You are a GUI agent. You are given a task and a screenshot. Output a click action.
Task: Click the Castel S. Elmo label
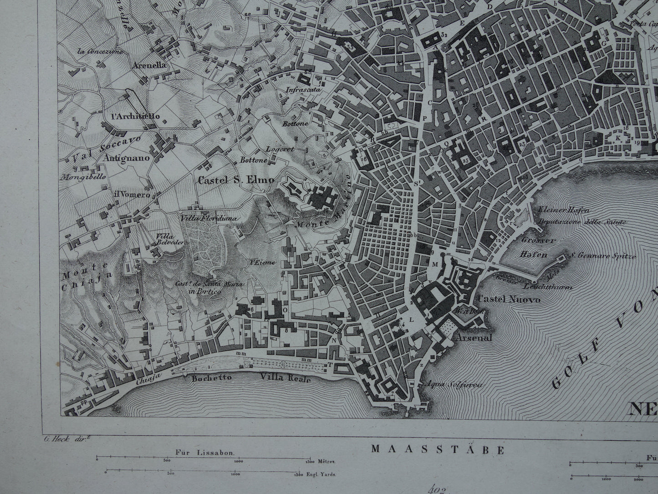[x=236, y=180]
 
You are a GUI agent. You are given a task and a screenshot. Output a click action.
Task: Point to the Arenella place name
[x=149, y=65]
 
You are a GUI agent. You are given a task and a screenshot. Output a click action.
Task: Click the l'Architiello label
[x=135, y=116]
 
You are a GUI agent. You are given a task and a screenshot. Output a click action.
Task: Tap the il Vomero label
[x=132, y=195]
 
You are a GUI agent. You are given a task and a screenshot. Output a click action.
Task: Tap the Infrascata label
[x=304, y=90]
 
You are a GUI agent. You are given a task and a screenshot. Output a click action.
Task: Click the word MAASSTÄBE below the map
[x=438, y=450]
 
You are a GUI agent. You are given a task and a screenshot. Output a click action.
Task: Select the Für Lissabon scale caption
[x=204, y=453]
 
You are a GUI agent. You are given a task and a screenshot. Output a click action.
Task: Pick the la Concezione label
[x=100, y=51]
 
